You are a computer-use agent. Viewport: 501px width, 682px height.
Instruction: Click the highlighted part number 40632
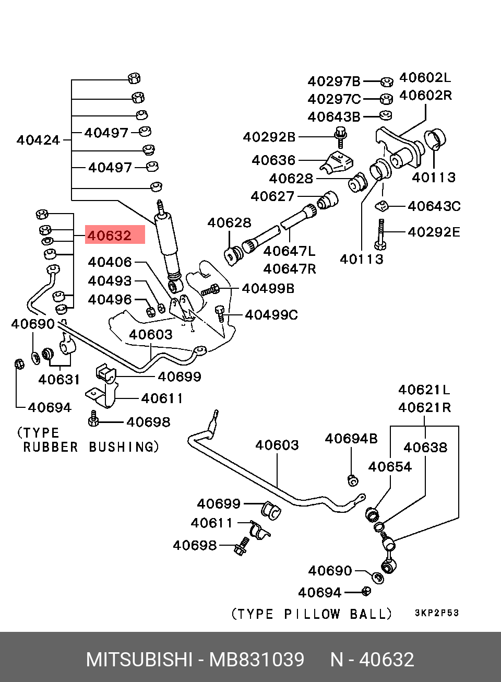coord(110,236)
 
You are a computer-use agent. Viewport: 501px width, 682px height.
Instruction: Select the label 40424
coord(38,140)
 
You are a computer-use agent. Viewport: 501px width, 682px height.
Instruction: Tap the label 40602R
coord(425,96)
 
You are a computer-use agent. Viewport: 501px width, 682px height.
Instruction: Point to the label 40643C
coord(434,206)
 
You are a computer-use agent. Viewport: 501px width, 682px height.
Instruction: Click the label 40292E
coord(434,232)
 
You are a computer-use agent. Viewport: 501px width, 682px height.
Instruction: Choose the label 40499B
coord(268,289)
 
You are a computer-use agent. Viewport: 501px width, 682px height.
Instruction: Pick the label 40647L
coord(290,252)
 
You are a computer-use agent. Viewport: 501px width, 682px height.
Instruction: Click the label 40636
coord(274,160)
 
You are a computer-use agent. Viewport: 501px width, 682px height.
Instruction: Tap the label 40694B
coord(351,439)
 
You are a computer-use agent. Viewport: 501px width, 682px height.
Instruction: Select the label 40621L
coord(424,390)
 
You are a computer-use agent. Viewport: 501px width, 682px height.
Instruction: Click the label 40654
coord(390,467)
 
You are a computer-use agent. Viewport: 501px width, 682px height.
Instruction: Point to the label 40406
coord(110,262)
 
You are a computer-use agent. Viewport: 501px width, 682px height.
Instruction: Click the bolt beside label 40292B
coord(341,138)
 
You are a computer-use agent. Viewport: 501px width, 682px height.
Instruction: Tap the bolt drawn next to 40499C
coord(220,314)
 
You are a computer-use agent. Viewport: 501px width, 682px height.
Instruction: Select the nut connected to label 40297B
coord(387,81)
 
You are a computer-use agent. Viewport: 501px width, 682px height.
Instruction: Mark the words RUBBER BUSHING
coord(91,447)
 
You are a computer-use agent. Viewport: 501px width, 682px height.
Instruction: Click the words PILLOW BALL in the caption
coord(338,614)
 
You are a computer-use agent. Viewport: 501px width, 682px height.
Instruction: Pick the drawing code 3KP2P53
coord(437,613)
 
